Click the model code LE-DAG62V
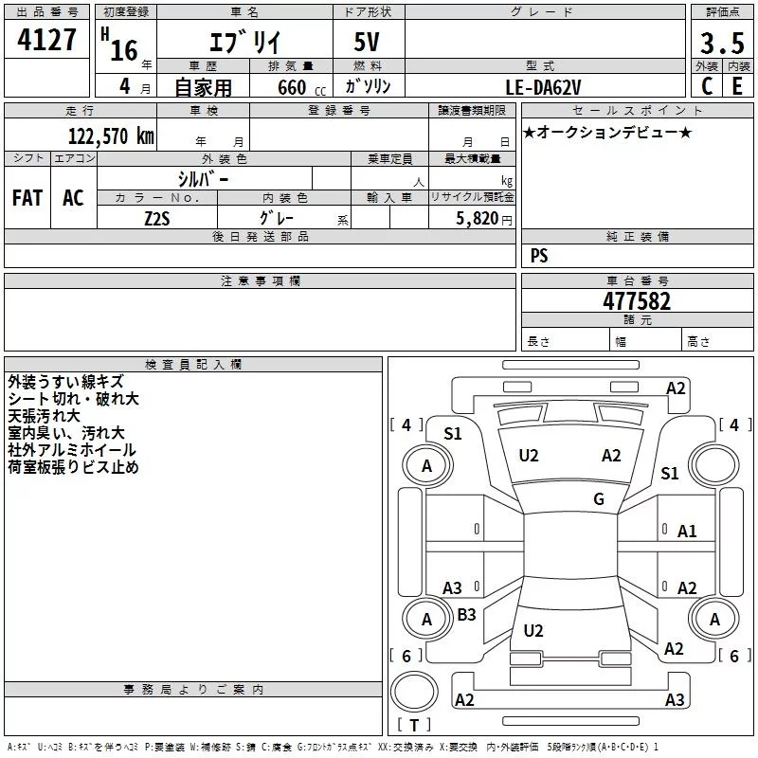tap(544, 86)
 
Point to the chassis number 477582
tap(637, 301)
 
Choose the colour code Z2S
tap(157, 218)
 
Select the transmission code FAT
tap(27, 198)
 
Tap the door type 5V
tap(369, 44)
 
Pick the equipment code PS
tap(539, 256)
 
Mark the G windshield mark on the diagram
tap(598, 499)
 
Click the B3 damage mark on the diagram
tap(466, 615)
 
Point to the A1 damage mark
tap(687, 532)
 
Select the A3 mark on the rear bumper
tap(675, 700)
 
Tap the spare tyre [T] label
tap(414, 725)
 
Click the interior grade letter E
tap(736, 85)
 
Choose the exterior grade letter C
tap(706, 85)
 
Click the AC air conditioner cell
tap(73, 198)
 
